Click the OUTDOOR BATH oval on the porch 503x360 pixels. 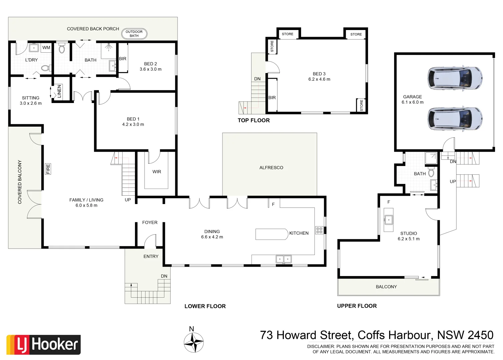[134, 34]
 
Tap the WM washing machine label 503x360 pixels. [46, 48]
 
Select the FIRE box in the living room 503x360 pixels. [48, 169]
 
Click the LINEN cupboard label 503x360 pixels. [59, 91]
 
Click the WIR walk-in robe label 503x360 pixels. [157, 172]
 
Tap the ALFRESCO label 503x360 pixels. [271, 168]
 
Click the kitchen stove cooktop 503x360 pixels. [319, 230]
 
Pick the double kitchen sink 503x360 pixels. [283, 259]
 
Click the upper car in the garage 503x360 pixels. [455, 79]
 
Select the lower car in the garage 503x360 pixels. [455, 118]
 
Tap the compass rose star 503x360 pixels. [194, 342]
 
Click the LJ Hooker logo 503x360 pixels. [44, 345]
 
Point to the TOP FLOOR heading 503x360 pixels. [253, 120]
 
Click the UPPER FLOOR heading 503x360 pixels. [357, 306]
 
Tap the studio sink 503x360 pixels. [388, 220]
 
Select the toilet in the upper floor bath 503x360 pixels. [431, 173]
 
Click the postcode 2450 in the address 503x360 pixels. [480, 335]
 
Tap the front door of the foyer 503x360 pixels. [150, 241]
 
